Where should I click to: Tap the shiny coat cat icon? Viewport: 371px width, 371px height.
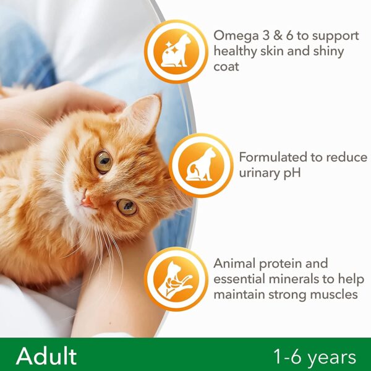[x=176, y=51]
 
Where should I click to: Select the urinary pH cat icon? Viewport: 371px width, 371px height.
[x=201, y=165]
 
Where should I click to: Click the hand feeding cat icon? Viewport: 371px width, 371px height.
[x=176, y=279]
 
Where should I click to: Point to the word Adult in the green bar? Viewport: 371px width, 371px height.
[x=46, y=356]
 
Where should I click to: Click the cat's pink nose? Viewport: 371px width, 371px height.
[x=87, y=202]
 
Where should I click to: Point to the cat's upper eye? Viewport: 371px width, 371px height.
[x=103, y=161]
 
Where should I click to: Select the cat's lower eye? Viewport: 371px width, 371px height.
[x=127, y=207]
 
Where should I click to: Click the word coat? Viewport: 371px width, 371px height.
[x=226, y=67]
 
